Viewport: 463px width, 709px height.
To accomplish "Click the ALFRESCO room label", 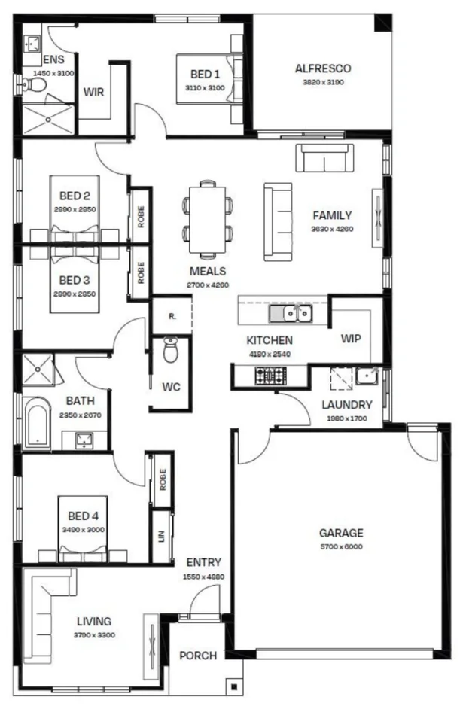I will pyautogui.click(x=322, y=68).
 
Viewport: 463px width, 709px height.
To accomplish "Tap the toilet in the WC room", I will pyautogui.click(x=171, y=350).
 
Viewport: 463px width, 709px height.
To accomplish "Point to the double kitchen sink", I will pyautogui.click(x=293, y=313).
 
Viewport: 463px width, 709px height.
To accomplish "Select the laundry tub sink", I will pyautogui.click(x=367, y=374).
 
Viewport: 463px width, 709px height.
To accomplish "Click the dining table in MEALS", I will pyautogui.click(x=207, y=219).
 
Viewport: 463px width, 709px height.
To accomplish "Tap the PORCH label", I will pyautogui.click(x=197, y=656).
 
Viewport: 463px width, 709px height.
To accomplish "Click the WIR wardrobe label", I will pyautogui.click(x=93, y=92).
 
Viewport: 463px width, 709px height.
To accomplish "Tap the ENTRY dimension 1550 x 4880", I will pyautogui.click(x=203, y=577).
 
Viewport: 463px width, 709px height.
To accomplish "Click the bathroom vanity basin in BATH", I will pyautogui.click(x=84, y=439).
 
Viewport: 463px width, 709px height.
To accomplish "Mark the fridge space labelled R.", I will pyautogui.click(x=172, y=316).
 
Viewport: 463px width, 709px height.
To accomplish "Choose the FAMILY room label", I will pyautogui.click(x=332, y=215).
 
